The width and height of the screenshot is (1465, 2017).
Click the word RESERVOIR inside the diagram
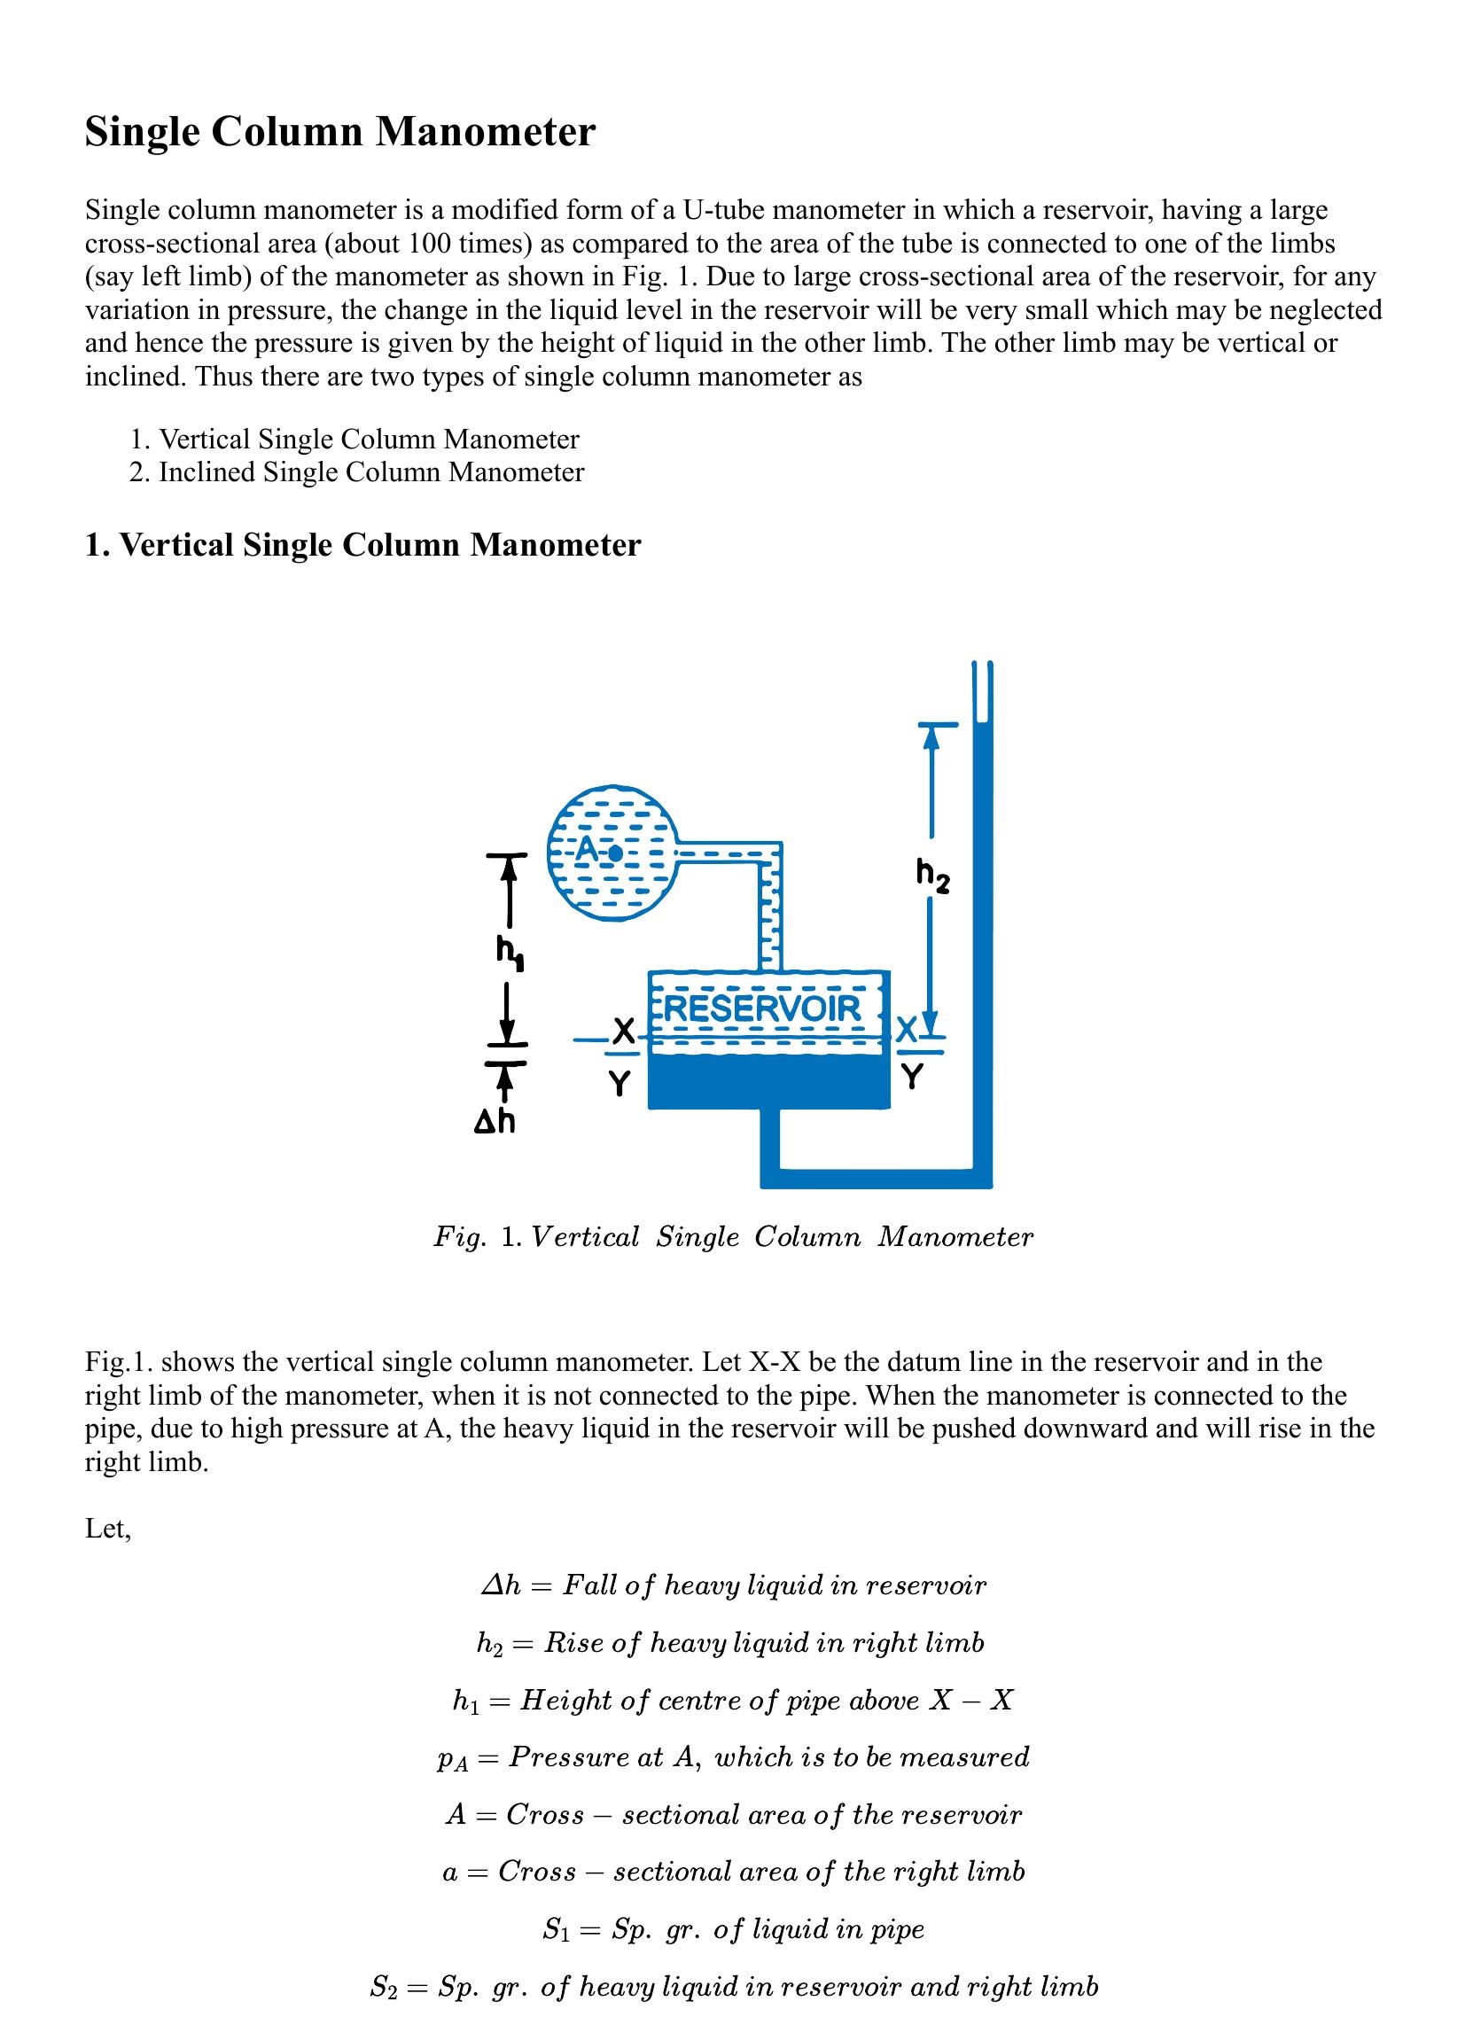[762, 1008]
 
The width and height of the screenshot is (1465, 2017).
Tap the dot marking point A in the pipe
[615, 853]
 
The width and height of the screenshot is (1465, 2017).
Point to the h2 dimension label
[932, 875]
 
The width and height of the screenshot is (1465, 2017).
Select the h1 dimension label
[510, 954]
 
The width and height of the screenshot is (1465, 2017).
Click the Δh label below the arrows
[495, 1123]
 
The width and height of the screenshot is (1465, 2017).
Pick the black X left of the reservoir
[625, 1032]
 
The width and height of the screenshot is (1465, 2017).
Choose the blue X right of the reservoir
[907, 1031]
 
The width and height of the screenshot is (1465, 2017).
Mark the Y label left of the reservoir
[620, 1084]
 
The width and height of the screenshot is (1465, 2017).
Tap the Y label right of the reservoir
[912, 1077]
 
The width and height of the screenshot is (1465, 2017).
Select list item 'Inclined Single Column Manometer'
[371, 472]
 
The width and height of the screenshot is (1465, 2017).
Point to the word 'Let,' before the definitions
[107, 1529]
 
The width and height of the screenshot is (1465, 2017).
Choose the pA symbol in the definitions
[453, 1759]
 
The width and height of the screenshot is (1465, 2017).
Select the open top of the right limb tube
[982, 666]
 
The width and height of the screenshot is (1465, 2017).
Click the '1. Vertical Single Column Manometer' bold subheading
[362, 545]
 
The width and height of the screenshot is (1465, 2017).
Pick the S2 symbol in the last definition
[385, 1987]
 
